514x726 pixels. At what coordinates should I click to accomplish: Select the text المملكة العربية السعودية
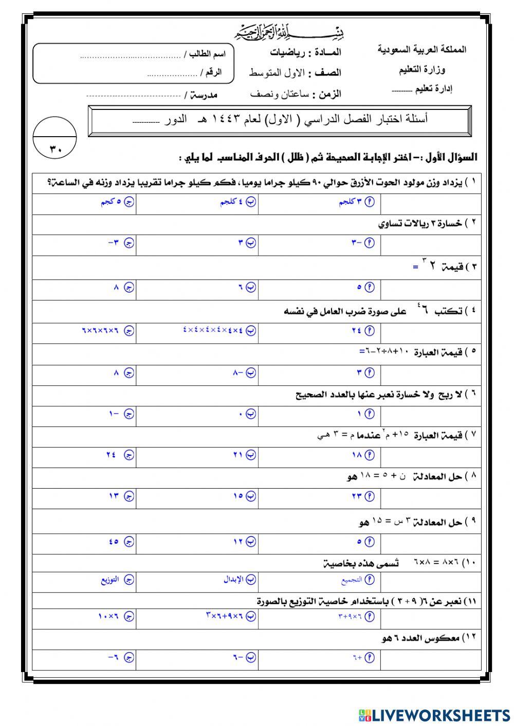(421, 50)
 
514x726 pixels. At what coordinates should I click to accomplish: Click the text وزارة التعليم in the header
(422, 69)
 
